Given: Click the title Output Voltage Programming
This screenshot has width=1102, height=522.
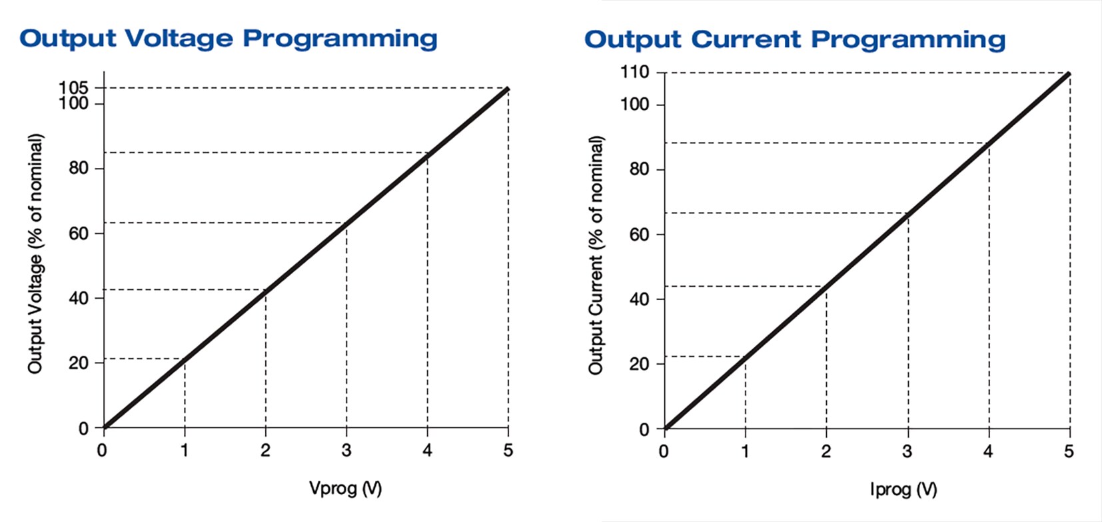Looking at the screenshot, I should pyautogui.click(x=228, y=39).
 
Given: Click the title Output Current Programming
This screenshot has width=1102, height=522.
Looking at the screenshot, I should pyautogui.click(x=794, y=40).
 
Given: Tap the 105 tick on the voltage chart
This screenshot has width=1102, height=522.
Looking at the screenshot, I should pyautogui.click(x=73, y=87).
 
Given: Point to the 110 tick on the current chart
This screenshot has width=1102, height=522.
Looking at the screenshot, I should pyautogui.click(x=634, y=72).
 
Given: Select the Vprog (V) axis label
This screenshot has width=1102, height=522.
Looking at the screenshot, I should pyautogui.click(x=345, y=489).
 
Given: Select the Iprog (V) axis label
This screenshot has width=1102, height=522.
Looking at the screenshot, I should pyautogui.click(x=903, y=490).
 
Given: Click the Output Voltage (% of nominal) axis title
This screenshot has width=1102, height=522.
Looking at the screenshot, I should pyautogui.click(x=35, y=253).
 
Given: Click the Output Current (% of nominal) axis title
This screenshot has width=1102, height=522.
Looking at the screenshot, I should pyautogui.click(x=596, y=255).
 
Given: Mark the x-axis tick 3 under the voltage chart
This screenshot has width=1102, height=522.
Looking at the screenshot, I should pyautogui.click(x=346, y=451).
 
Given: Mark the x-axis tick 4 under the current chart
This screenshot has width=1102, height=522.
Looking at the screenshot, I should pyautogui.click(x=988, y=451).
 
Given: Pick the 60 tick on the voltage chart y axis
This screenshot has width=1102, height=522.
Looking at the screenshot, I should pyautogui.click(x=79, y=233).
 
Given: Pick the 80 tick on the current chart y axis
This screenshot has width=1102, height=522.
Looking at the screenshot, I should pyautogui.click(x=639, y=169).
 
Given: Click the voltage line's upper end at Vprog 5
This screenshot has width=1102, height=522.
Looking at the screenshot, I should pyautogui.click(x=508, y=88).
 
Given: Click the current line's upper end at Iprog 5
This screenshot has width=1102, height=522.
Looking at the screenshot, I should pyautogui.click(x=1069, y=73).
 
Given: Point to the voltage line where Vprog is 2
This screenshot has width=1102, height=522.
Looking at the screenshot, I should pyautogui.click(x=266, y=290).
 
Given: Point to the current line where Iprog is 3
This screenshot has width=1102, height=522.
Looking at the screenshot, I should pyautogui.click(x=908, y=213).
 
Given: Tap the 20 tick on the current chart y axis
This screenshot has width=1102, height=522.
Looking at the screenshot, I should pyautogui.click(x=639, y=364).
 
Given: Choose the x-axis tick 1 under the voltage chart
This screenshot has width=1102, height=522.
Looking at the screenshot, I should pyautogui.click(x=185, y=451).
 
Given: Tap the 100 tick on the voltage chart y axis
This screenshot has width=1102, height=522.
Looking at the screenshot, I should pyautogui.click(x=73, y=103).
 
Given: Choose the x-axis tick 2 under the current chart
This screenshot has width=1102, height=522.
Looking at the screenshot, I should pyautogui.click(x=826, y=451).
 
